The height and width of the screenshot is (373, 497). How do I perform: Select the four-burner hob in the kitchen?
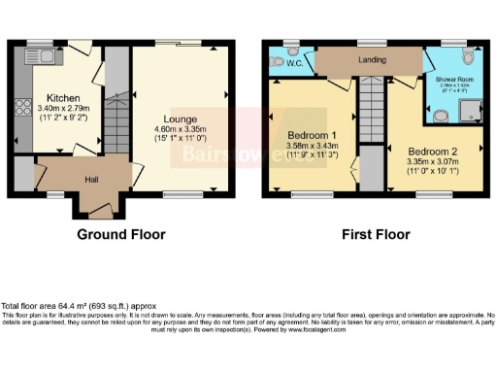click(21, 108)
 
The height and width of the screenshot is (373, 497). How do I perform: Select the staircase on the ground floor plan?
click(116, 121)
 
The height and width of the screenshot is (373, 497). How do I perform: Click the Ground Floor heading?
click(116, 234)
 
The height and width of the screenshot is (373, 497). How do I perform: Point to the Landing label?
click(372, 60)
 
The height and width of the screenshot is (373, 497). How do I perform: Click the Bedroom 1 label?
click(312, 136)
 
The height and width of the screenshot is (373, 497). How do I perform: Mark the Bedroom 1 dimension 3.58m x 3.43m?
click(312, 147)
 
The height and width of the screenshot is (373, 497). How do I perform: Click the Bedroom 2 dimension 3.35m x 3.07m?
click(433, 165)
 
